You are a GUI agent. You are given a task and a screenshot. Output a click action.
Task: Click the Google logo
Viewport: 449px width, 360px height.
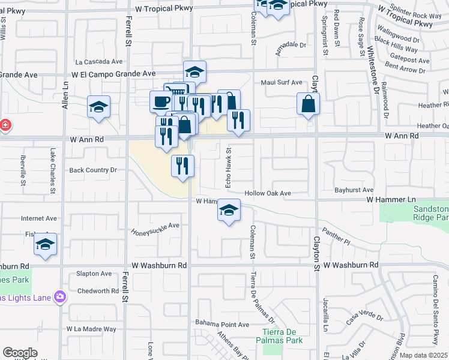(20, 353)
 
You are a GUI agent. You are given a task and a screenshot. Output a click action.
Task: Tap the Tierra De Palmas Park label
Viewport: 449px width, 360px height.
(281, 337)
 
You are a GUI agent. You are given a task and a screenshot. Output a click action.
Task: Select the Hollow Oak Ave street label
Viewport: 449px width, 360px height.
(268, 193)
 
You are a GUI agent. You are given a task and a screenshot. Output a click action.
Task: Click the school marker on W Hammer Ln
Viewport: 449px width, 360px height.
(228, 211)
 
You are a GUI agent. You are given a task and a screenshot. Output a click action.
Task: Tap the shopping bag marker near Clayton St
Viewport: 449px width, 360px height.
(308, 104)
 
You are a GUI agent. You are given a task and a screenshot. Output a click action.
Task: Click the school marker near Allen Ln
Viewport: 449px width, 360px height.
(98, 107)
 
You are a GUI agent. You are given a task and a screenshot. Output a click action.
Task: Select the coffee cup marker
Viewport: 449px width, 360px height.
(161, 101)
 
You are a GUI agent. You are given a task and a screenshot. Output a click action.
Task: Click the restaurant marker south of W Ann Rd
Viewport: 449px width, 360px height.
(183, 166)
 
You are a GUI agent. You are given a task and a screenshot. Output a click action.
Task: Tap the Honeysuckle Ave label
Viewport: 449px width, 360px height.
(156, 226)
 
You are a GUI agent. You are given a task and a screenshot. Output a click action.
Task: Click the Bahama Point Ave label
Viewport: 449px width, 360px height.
(222, 324)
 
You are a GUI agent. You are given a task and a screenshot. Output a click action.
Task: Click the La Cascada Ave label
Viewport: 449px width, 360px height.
(99, 62)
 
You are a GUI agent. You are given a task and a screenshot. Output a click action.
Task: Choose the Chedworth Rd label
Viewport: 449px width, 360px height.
(98, 291)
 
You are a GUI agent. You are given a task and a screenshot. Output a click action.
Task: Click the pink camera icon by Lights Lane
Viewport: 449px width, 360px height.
(59, 296)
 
